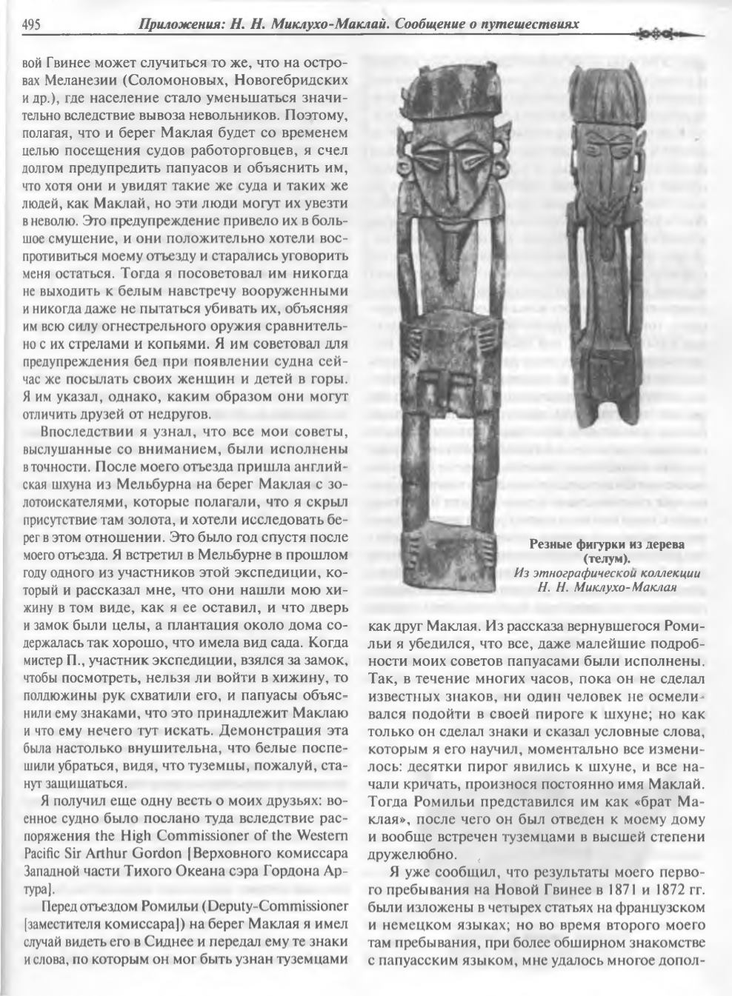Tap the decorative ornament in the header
671,33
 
